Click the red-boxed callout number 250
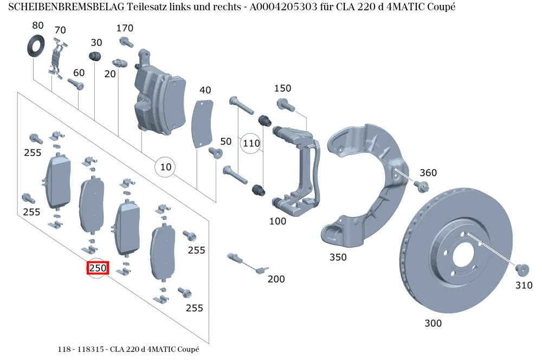point(98,268)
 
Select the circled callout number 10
point(165,167)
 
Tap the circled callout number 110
point(251,143)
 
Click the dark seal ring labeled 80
point(36,46)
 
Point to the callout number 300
point(433,323)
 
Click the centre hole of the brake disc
point(464,256)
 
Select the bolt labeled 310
point(522,270)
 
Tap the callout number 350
point(338,258)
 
